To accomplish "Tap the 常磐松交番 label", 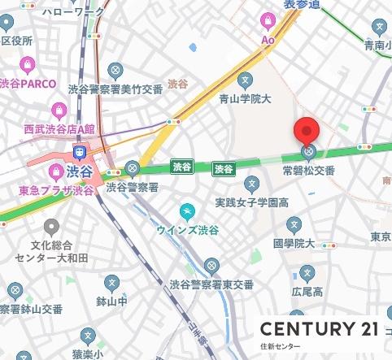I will tap(308, 171).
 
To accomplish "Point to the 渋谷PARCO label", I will tap(28, 83).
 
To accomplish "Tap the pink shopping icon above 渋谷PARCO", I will tap(28, 64).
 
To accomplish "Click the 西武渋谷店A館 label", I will tap(59, 128).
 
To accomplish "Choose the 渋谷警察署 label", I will tap(132, 187).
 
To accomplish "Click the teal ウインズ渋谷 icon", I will tap(189, 211).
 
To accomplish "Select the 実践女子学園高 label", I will tap(252, 202).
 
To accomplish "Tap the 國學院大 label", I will tap(294, 242).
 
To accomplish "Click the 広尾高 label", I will tap(307, 291).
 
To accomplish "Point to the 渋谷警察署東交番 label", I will tap(211, 284).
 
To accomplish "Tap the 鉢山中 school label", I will tap(111, 301).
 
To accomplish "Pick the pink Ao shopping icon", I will tap(268, 21).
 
